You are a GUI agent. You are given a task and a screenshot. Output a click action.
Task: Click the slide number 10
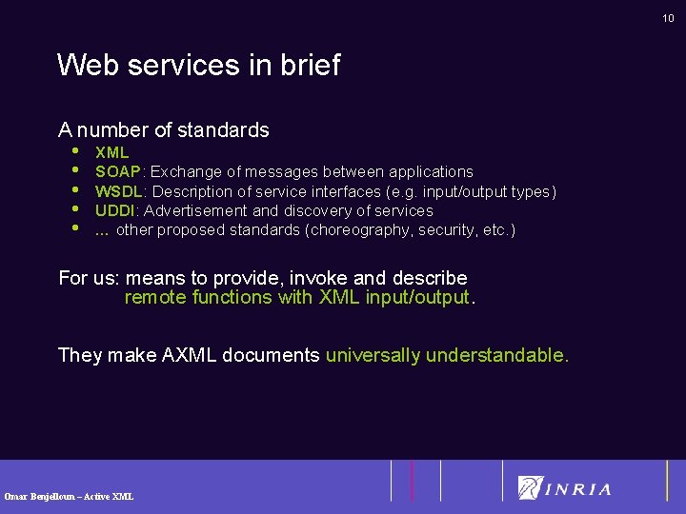pos(668,18)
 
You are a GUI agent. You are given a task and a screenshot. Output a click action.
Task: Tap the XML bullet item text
pos(112,152)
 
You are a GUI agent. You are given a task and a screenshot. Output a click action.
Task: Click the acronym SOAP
pos(118,172)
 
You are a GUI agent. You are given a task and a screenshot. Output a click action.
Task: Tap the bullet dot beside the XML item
pos(74,150)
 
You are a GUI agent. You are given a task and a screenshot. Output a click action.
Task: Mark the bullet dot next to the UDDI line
pos(74,208)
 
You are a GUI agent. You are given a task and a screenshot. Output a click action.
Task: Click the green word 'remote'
pos(155,298)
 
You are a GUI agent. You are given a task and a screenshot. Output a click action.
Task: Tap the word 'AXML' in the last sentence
pos(193,356)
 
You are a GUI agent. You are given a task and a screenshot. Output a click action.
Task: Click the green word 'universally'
pos(373,356)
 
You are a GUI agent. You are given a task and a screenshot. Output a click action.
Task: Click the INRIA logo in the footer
pos(564,487)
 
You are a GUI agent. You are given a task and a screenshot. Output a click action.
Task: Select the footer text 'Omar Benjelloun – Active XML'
pos(69,496)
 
